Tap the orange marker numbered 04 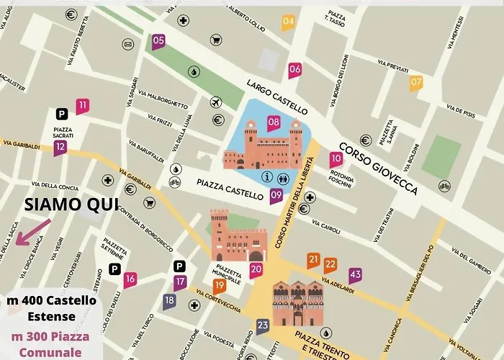[288, 22]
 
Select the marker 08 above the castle [274, 122]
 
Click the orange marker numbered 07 [416, 83]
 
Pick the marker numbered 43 [355, 274]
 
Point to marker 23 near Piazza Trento [263, 326]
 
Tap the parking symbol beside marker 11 [63, 113]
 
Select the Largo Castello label [276, 96]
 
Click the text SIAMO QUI [71, 204]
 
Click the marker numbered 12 [60, 148]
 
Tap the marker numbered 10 [336, 160]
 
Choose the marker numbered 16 [130, 279]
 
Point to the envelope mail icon [127, 45]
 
